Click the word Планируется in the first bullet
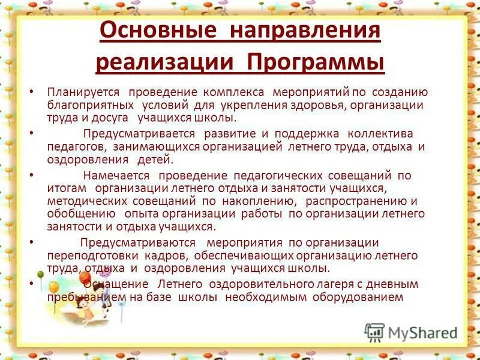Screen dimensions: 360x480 pos(83,92)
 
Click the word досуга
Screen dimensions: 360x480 pos(114,119)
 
